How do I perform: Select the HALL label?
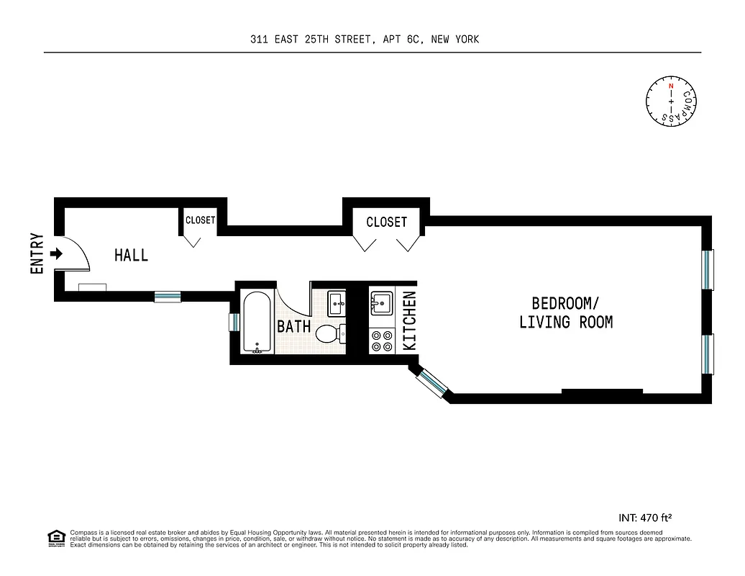(x=132, y=255)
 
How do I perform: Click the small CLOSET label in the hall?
(x=200, y=220)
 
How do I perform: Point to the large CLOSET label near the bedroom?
(x=386, y=222)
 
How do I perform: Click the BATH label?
(x=293, y=326)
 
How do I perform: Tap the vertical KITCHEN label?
(x=409, y=321)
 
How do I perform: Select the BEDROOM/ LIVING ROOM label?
(x=566, y=312)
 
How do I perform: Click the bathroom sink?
(x=336, y=303)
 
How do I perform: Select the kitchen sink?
(x=381, y=302)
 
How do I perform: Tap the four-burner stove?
(x=381, y=341)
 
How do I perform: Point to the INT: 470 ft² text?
(x=645, y=517)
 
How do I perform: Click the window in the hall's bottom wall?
(x=168, y=296)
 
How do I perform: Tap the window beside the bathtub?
(x=234, y=322)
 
